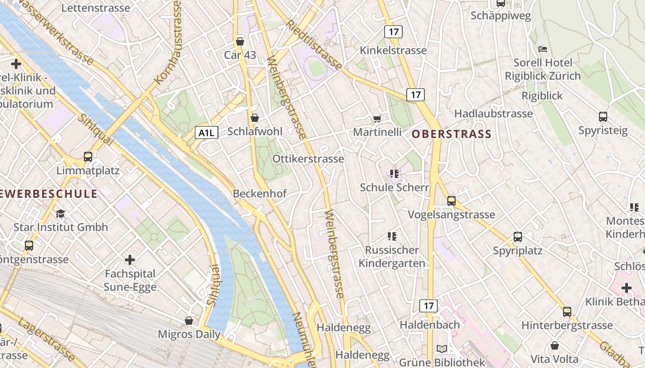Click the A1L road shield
[x=206, y=133]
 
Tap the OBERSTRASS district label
[x=451, y=134]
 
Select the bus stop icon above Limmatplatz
[x=88, y=157]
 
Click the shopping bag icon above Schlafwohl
[x=254, y=118]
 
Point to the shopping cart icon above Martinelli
[x=377, y=119]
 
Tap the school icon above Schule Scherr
[x=394, y=173]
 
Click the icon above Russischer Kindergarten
[x=392, y=236]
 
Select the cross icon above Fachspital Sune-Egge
[x=130, y=260]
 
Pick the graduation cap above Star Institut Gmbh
[x=60, y=213]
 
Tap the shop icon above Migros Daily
[x=189, y=320]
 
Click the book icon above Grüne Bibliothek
[x=442, y=349]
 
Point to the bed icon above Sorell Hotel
[x=543, y=49]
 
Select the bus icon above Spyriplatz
[x=518, y=237]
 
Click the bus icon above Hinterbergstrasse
[x=567, y=311]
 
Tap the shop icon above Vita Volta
[x=555, y=345]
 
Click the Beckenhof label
[x=259, y=194]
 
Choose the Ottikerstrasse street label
[x=308, y=159]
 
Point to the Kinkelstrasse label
[x=393, y=50]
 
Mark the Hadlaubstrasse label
[x=493, y=114]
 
